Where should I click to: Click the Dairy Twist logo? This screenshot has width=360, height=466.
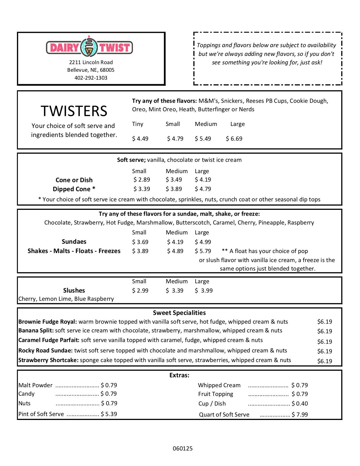[90, 47]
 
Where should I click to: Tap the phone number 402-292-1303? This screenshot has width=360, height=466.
[91, 78]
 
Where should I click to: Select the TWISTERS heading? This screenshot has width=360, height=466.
[74, 111]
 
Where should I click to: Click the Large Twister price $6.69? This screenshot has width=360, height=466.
[234, 139]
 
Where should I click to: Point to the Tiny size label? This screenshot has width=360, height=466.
[138, 124]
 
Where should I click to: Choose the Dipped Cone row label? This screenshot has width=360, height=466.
[74, 189]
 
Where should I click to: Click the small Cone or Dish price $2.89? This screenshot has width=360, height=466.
[142, 180]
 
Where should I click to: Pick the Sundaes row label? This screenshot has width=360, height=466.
[74, 241]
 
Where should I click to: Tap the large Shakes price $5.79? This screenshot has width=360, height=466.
[203, 251]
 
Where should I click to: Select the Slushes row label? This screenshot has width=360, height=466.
[74, 290]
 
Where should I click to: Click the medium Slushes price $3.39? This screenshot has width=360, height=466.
[174, 291]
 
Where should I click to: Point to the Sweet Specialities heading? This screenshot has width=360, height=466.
[179, 313]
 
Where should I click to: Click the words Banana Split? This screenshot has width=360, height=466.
[36, 330]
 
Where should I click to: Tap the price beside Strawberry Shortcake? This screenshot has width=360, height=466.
[325, 361]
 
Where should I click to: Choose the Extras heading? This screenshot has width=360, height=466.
[179, 375]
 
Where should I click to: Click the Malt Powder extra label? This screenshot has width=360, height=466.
[35, 385]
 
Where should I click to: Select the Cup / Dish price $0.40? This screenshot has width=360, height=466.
[300, 404]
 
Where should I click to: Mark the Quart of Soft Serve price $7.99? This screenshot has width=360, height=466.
[300, 415]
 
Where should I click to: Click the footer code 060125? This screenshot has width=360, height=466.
[183, 448]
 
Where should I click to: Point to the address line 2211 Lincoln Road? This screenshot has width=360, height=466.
[91, 62]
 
